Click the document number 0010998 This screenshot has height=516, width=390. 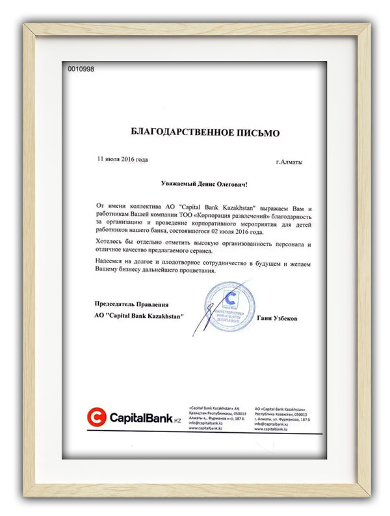pyautogui.click(x=81, y=69)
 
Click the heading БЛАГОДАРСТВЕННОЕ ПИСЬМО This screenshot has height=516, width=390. pyautogui.click(x=205, y=133)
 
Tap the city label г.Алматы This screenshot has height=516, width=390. pyautogui.click(x=289, y=162)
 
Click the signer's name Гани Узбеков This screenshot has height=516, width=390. pyautogui.click(x=278, y=318)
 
